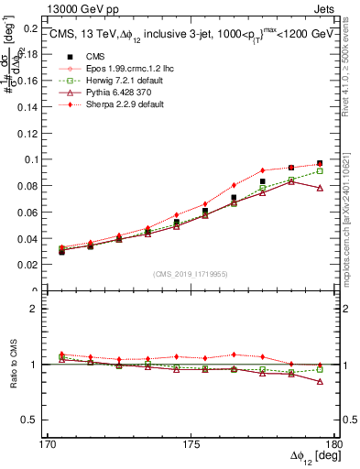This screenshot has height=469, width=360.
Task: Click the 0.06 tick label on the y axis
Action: click(30, 213)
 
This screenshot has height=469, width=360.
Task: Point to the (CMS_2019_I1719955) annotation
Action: click(190, 272)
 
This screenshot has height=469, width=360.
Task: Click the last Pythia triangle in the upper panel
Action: click(320, 188)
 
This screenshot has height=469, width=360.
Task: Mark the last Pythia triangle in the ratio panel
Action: click(320, 381)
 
